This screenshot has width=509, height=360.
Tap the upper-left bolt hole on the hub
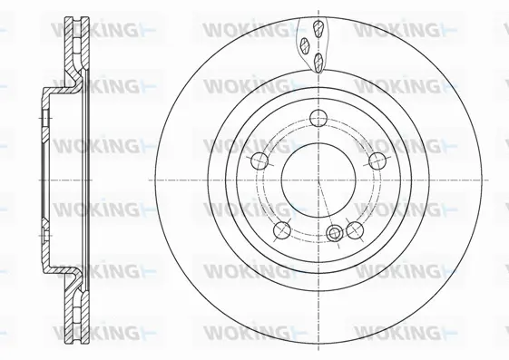click(258, 161)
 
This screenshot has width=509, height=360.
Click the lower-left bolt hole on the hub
click(282, 229)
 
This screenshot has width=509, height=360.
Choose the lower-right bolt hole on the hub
click(354, 229)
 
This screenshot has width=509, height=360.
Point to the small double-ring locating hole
click(336, 234)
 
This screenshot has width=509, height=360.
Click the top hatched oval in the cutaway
click(319, 26)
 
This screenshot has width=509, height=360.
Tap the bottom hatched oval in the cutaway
click(320, 62)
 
